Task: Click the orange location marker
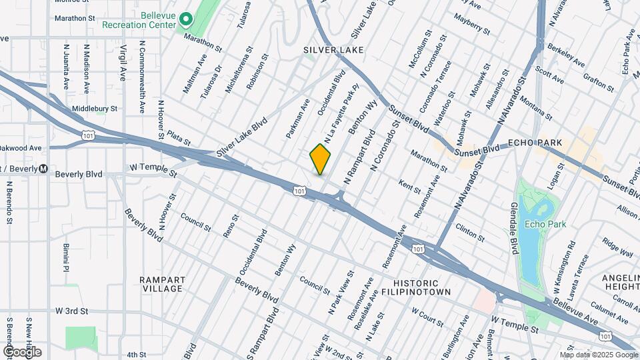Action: pos(320,159)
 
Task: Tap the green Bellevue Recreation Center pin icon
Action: pos(185,21)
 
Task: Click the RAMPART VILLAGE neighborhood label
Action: pos(162,284)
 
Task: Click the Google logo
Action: pos(22,351)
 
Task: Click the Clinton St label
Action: pos(470,233)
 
